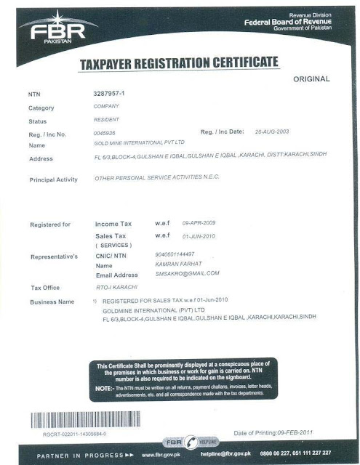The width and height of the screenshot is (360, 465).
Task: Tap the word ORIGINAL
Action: [311, 78]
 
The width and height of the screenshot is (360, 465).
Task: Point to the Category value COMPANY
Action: [108, 106]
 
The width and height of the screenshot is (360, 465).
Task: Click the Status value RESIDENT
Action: [108, 119]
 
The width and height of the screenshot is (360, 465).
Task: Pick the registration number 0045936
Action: [105, 133]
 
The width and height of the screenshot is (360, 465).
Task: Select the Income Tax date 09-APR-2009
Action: [199, 222]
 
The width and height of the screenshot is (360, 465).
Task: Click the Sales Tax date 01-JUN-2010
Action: [199, 235]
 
